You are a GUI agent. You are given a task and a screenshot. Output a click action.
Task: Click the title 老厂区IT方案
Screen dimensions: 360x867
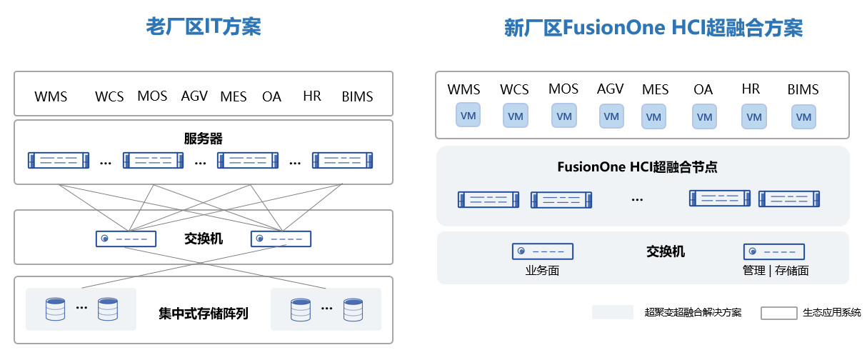[204, 27]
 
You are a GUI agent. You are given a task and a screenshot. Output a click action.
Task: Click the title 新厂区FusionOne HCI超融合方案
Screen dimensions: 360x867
[653, 28]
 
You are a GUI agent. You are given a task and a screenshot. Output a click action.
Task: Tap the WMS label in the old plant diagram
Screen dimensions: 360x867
[51, 96]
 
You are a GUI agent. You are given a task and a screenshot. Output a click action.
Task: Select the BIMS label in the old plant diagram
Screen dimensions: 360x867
[357, 96]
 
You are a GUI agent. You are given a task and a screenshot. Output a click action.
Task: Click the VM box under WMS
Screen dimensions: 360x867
[468, 116]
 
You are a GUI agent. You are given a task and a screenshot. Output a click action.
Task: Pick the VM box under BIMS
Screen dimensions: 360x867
[803, 117]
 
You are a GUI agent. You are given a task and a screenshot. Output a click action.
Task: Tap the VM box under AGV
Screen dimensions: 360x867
[611, 116]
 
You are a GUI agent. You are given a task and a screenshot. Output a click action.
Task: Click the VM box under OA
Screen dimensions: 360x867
[704, 116]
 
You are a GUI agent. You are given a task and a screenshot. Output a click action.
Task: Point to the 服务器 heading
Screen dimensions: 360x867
[204, 139]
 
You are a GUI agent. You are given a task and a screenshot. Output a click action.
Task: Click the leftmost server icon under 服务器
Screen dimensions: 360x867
[58, 161]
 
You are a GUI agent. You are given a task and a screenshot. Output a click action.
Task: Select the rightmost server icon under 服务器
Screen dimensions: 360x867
[342, 161]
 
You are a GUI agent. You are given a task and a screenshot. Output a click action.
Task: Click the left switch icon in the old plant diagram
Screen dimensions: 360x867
[126, 239]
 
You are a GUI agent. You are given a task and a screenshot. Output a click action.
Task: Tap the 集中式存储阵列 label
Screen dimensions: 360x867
[204, 314]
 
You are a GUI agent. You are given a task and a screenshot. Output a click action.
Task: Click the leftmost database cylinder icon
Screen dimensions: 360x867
[55, 309]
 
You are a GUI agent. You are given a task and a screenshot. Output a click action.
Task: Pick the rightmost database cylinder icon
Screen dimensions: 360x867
[353, 309]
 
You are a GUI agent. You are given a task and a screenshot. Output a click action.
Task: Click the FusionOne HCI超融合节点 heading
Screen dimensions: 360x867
[637, 167]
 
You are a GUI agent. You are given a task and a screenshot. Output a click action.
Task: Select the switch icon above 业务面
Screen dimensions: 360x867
[543, 251]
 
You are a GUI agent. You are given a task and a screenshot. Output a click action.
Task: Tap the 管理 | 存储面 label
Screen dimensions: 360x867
[776, 271]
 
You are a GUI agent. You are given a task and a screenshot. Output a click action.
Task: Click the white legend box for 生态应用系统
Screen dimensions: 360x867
[778, 313]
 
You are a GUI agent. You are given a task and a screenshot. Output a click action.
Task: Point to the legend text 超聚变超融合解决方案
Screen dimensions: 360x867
[693, 313]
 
